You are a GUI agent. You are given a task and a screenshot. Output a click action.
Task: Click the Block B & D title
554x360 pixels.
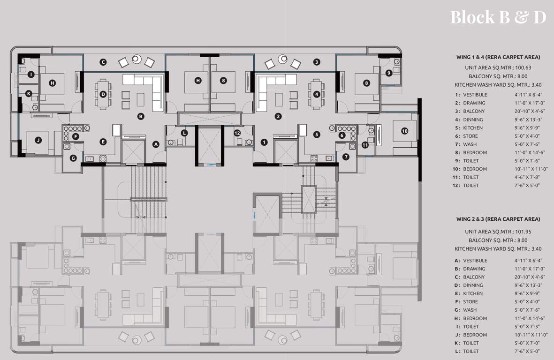tap(498, 17)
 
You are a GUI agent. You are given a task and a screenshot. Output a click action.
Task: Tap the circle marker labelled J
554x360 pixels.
tap(38, 140)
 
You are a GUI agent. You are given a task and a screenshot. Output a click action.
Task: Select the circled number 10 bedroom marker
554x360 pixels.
tap(404, 131)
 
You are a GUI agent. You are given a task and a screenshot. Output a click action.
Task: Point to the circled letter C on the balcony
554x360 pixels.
tap(103, 62)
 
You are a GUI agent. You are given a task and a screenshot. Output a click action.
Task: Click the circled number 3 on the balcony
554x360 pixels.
tap(317, 62)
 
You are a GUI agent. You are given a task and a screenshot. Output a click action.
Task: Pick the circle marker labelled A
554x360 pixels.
tap(156, 144)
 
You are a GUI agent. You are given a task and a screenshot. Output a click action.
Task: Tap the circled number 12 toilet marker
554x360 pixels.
tap(237, 133)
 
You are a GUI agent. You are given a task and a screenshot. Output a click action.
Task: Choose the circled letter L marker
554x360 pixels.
tap(184, 133)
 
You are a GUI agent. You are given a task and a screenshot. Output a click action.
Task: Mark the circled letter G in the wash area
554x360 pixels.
tap(73, 158)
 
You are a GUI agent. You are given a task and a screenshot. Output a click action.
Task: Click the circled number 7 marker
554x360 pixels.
tap(346, 157)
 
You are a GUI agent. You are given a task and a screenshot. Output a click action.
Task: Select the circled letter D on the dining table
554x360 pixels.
tap(103, 94)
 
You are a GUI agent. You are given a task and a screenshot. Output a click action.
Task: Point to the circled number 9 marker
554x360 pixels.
tap(389, 73)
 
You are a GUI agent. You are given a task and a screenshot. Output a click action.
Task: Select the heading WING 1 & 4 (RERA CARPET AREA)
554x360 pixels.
tap(498, 57)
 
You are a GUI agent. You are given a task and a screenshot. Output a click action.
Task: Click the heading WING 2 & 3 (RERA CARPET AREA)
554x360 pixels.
tap(498, 219)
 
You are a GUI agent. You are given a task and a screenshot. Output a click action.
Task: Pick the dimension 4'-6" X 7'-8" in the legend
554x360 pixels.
tap(531, 177)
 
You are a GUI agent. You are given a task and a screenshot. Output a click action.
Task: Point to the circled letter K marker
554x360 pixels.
tap(29, 94)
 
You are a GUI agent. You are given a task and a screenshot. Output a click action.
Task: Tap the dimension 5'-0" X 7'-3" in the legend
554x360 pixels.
tap(531, 327)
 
